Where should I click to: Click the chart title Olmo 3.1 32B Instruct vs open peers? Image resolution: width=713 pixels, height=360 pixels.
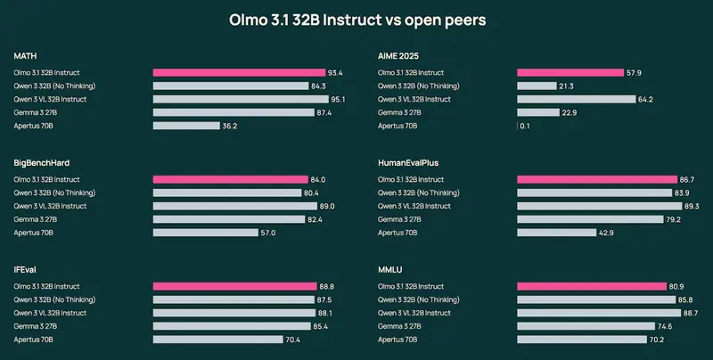(x=356, y=20)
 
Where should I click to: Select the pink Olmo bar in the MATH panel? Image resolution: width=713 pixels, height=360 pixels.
(x=239, y=72)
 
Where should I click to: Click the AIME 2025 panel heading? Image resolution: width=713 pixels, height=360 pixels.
(x=398, y=55)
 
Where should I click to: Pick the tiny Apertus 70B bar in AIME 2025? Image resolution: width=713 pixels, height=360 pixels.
(x=518, y=126)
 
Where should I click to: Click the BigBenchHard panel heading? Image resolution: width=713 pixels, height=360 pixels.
(x=42, y=163)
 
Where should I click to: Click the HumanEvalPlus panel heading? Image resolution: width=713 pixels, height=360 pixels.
(x=408, y=163)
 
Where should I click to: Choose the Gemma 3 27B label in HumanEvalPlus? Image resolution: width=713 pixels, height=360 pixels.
(x=398, y=219)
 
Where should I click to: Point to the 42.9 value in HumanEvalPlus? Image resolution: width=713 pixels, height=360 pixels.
(x=607, y=233)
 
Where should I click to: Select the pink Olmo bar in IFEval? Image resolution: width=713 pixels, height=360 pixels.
(x=235, y=286)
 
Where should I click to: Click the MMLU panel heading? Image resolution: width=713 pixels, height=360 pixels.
(x=389, y=269)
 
